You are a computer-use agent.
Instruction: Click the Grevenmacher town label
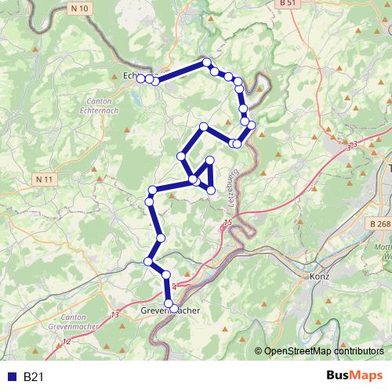[x=170, y=311]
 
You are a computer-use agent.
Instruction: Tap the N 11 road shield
[x=45, y=180]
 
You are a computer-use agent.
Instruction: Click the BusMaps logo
[x=354, y=376]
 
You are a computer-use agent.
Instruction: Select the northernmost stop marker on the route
[x=206, y=62]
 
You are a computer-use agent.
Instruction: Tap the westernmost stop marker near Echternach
[x=140, y=78]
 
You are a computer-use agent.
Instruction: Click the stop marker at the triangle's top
[x=209, y=160]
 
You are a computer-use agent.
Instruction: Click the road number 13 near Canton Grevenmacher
[x=116, y=314]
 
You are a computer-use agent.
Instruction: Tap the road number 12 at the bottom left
[x=66, y=342]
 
